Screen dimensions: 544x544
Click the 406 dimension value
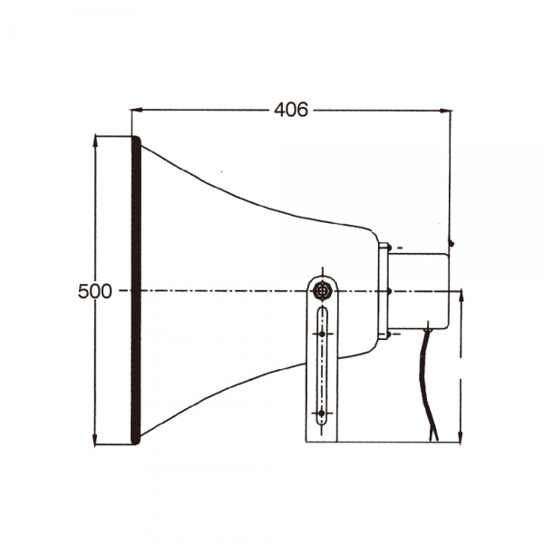click(x=290, y=110)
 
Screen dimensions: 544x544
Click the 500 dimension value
click(x=94, y=291)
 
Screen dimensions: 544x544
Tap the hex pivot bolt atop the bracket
click(x=321, y=291)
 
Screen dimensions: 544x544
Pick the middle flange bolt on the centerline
click(x=388, y=291)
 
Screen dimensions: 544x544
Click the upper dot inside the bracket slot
click(x=321, y=333)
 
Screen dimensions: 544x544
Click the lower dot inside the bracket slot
click(x=321, y=413)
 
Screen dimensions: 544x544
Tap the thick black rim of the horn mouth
click(x=136, y=290)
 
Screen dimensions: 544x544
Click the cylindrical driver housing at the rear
click(x=419, y=290)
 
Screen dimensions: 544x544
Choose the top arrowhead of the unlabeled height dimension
click(x=462, y=296)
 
